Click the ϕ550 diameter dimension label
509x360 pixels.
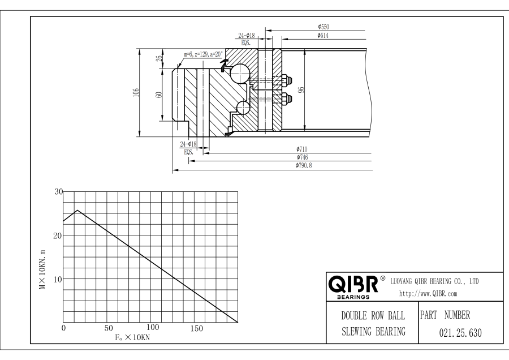click(323, 27)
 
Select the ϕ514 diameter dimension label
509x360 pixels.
click(323, 36)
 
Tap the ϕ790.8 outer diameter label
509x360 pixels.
click(304, 165)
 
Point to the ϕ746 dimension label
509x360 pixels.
click(302, 157)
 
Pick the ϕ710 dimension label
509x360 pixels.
click(302, 149)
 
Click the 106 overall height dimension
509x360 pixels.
click(136, 92)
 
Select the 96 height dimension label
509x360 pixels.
click(301, 89)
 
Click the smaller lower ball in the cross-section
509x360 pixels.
click(243, 107)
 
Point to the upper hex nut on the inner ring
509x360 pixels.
click(286, 80)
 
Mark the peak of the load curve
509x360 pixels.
click(77, 210)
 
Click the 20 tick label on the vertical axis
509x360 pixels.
click(58, 235)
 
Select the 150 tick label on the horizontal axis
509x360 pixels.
click(197, 328)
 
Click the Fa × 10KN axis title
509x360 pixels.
click(132, 337)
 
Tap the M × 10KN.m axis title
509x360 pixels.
click(42, 269)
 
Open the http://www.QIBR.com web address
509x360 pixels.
click(428, 294)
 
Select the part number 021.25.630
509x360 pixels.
click(460, 333)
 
